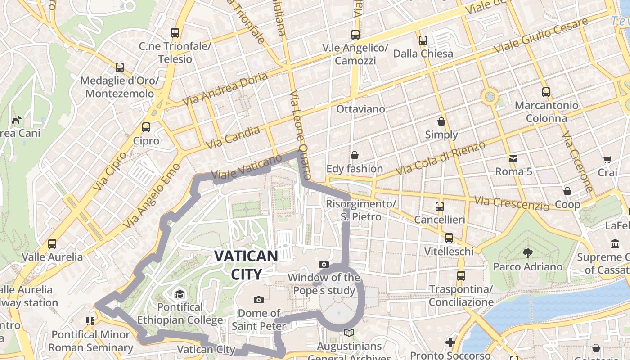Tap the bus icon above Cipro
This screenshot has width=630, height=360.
146,127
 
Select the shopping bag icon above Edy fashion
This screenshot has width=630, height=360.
355,155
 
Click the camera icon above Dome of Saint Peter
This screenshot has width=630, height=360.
259,300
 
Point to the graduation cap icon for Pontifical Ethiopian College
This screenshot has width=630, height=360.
180,294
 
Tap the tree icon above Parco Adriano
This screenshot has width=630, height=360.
527,253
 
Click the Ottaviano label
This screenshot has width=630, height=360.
360,109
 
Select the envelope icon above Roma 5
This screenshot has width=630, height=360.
513,158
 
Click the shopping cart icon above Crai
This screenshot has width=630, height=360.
607,159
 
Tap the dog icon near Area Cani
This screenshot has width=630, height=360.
17,120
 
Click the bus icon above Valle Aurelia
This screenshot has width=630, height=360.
52,244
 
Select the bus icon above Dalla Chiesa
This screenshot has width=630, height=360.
423,40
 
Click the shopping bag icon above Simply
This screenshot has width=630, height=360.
441,121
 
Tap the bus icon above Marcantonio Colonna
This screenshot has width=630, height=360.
546,92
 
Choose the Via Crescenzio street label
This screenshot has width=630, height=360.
512,204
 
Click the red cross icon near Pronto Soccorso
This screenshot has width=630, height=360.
450,342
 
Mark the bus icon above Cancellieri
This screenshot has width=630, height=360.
440,207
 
